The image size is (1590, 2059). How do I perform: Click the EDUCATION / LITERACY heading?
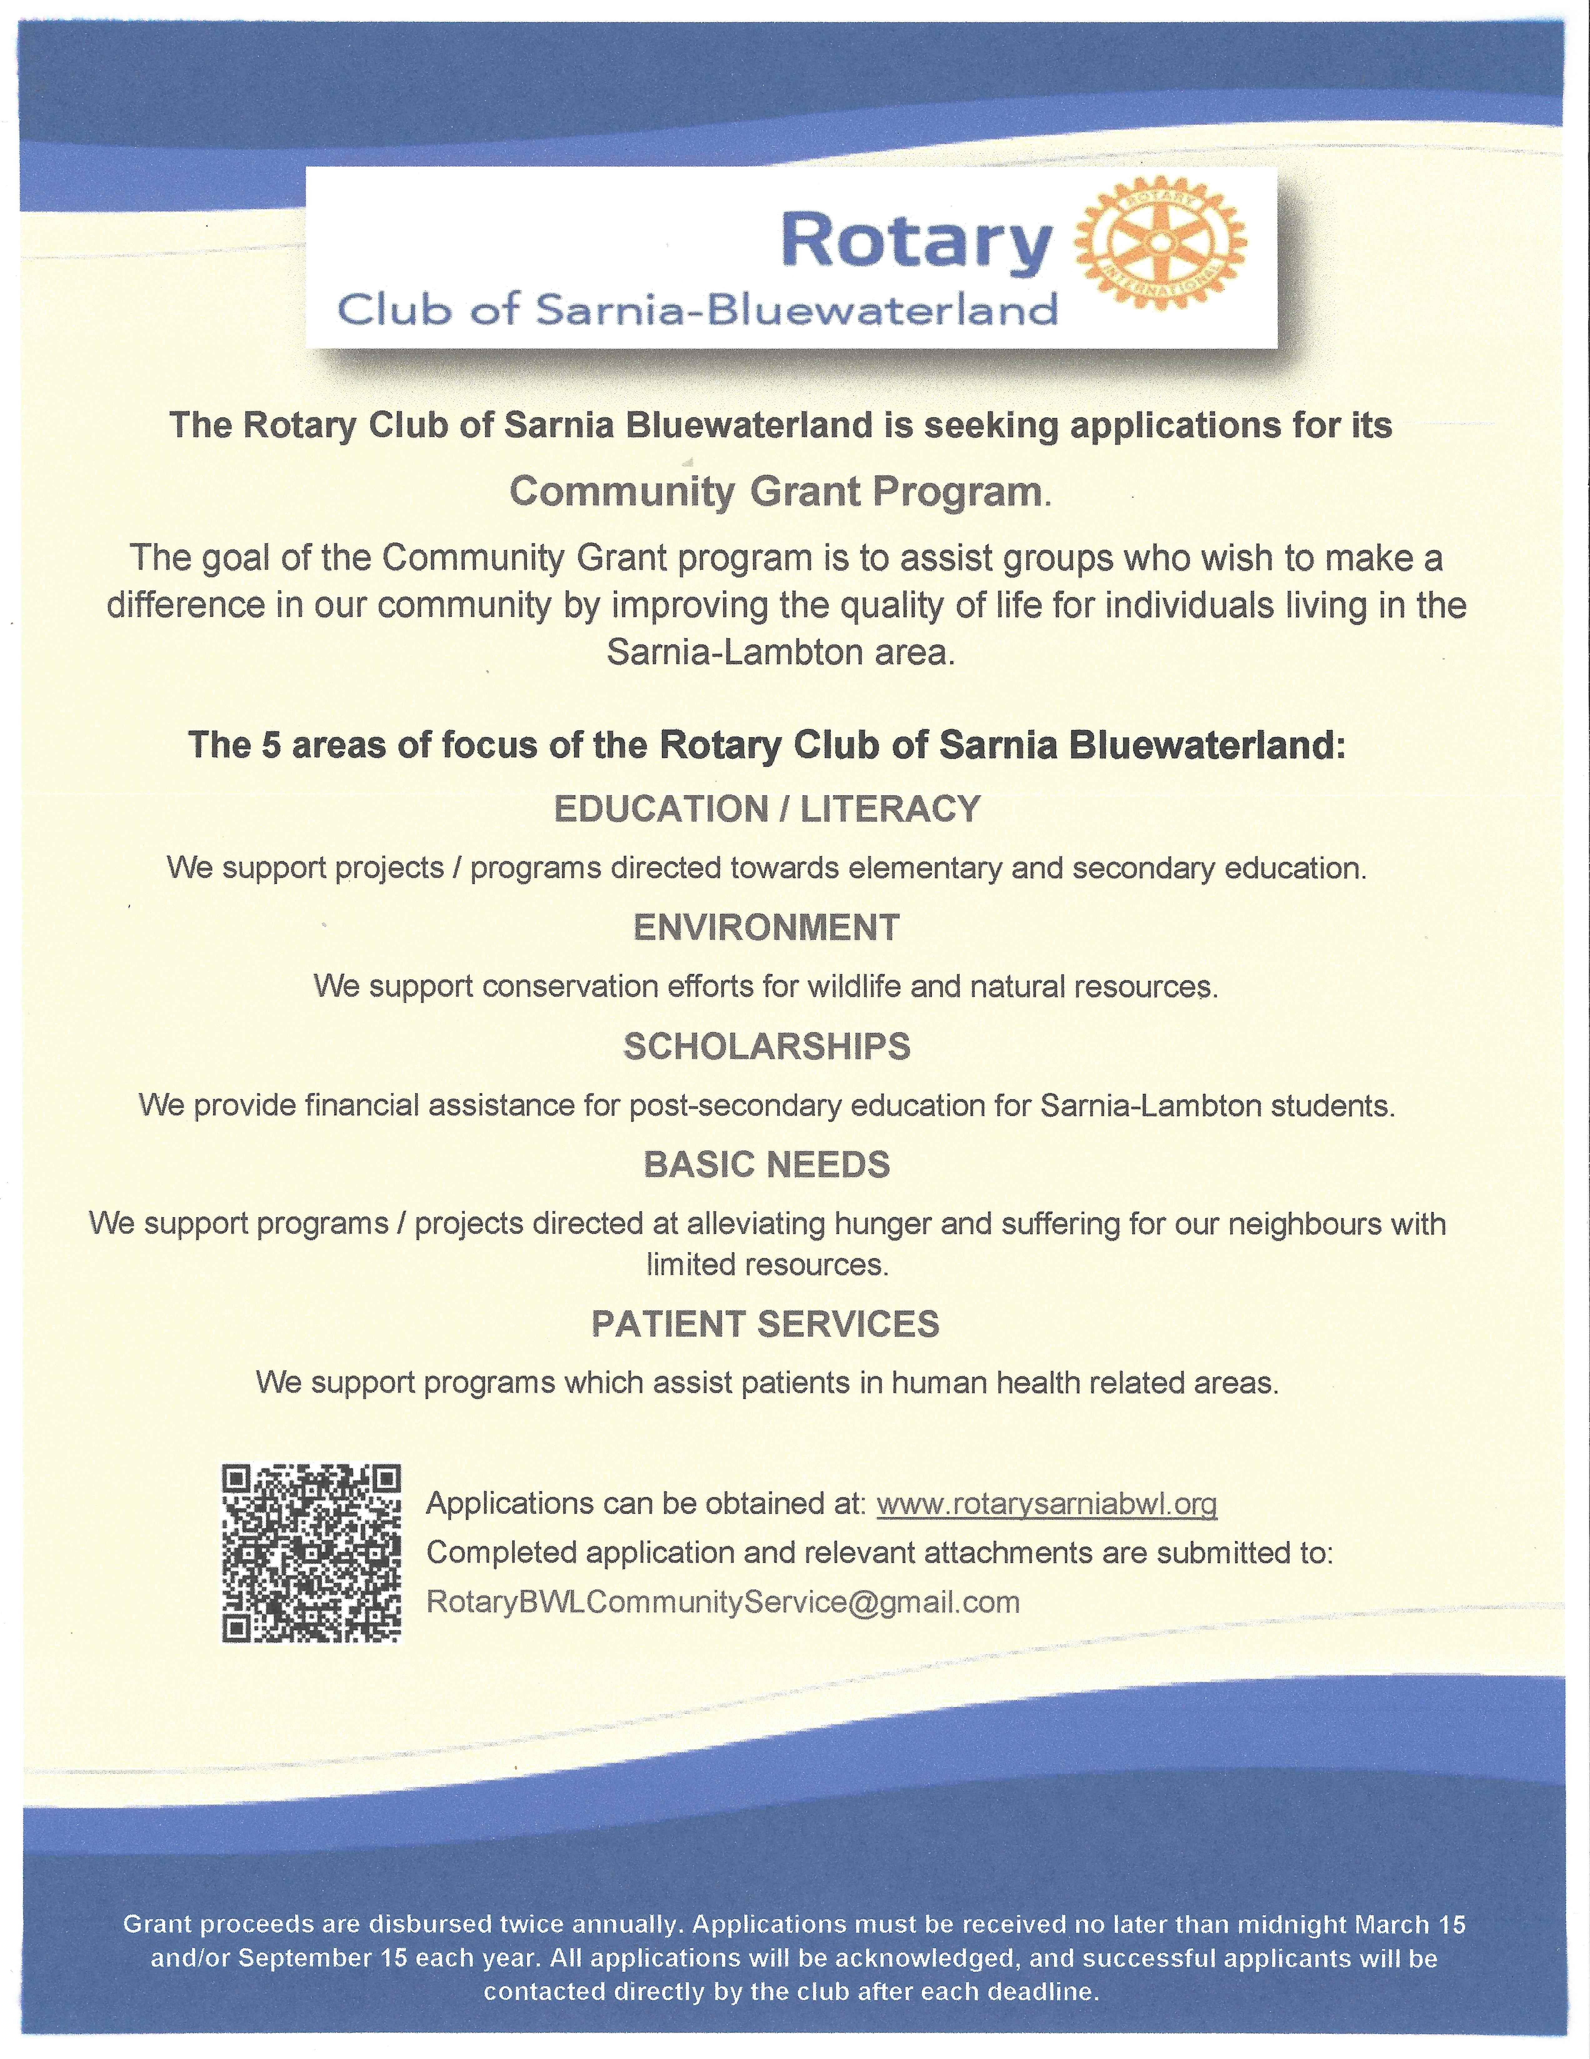[x=767, y=809]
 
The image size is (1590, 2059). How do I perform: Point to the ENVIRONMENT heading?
[x=767, y=928]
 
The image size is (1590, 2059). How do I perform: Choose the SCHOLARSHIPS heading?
[x=767, y=1046]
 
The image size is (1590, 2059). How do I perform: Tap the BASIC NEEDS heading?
[x=767, y=1165]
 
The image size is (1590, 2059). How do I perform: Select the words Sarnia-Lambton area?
[x=781, y=652]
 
